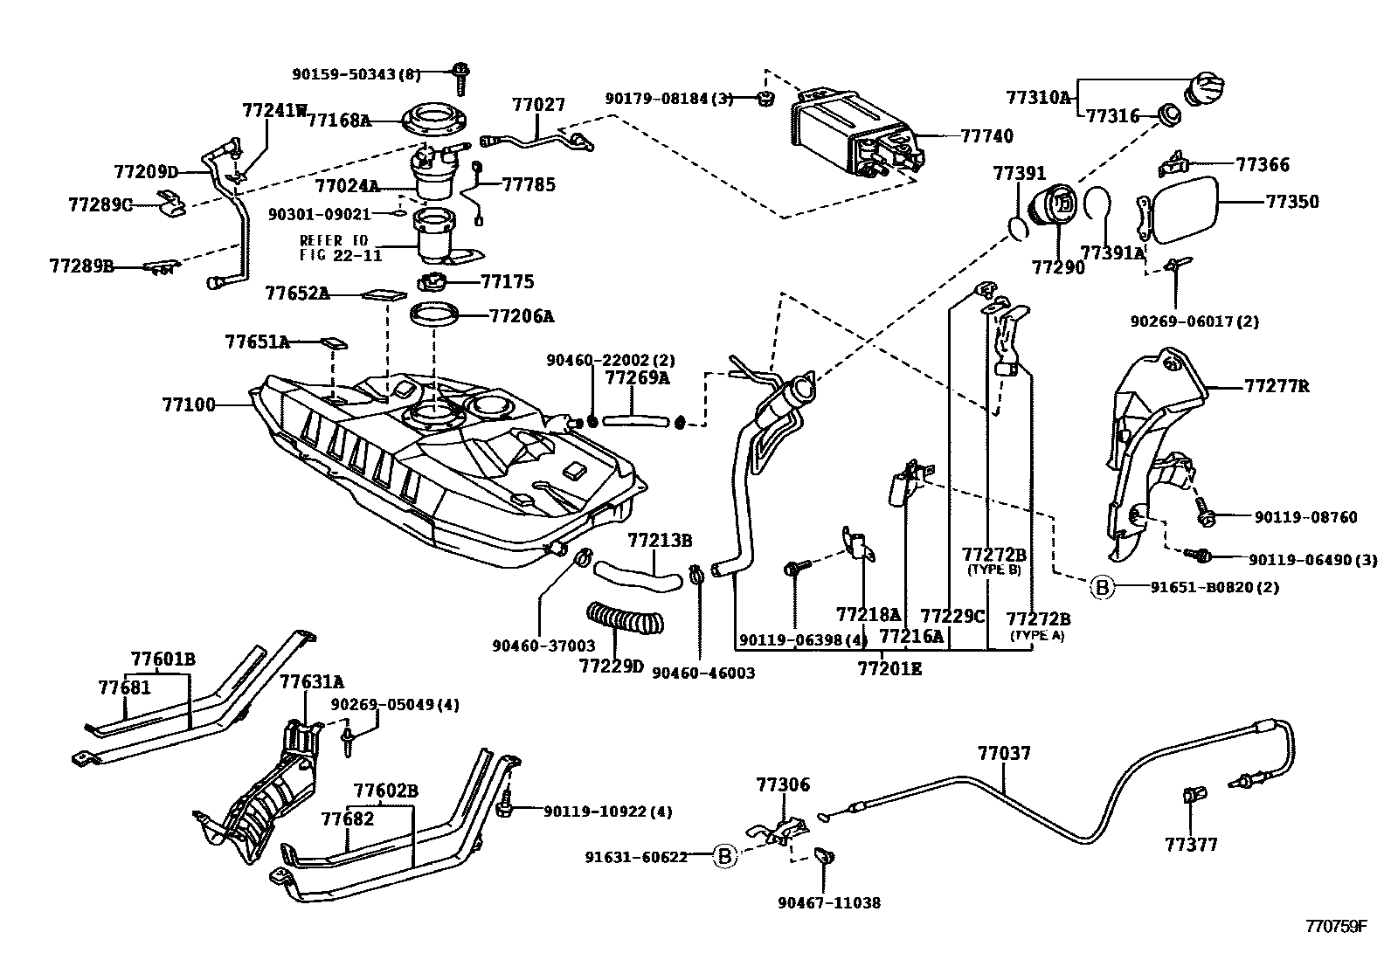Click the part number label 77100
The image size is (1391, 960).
[189, 404]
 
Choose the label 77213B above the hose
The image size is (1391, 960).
[660, 540]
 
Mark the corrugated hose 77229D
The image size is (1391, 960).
[625, 618]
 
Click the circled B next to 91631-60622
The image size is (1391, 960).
[724, 856]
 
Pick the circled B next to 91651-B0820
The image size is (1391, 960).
[1102, 587]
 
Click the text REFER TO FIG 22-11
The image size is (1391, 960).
[340, 248]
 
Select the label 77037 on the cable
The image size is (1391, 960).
[1004, 753]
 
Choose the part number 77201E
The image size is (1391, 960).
[889, 669]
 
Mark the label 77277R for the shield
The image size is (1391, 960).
[1277, 386]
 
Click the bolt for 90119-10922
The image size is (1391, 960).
[505, 802]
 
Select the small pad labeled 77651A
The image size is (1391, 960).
[334, 343]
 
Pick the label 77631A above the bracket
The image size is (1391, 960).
[311, 682]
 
